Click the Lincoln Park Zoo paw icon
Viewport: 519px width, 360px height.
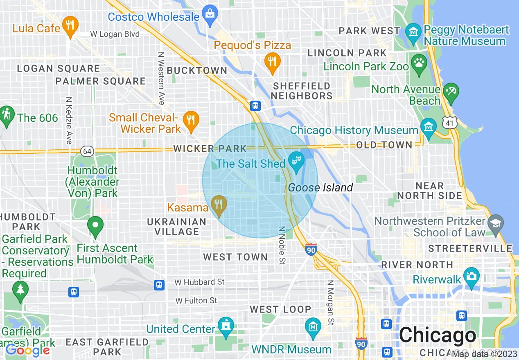click(x=419, y=63)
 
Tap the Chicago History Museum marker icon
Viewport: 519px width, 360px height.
click(x=428, y=127)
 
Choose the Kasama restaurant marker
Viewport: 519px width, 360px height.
click(x=219, y=204)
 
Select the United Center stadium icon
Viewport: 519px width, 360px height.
click(x=225, y=326)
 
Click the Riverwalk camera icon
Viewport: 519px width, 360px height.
click(x=472, y=276)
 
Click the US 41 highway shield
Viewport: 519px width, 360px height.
click(x=449, y=122)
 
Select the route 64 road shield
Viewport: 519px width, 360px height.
click(x=86, y=151)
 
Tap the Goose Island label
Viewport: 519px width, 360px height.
click(x=320, y=188)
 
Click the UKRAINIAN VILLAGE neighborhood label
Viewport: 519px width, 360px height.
click(x=177, y=227)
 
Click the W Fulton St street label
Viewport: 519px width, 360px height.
click(x=196, y=301)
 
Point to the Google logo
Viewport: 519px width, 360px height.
click(x=27, y=350)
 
